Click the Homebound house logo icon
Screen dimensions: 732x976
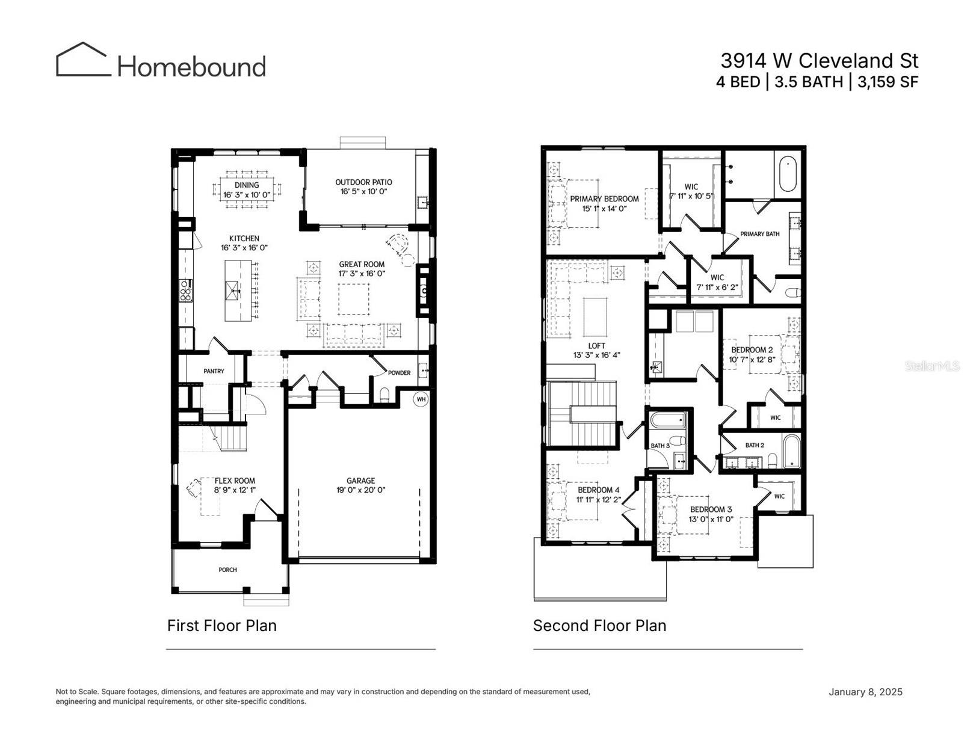83,60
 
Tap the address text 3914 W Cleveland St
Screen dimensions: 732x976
819,61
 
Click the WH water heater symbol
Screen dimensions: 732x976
421,399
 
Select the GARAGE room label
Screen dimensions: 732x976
360,481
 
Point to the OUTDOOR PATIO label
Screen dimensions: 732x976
363,182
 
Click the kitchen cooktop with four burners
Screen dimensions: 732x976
185,291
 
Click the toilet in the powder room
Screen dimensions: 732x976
385,395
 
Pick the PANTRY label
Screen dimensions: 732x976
214,371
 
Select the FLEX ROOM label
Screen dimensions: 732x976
235,481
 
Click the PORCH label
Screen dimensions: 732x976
227,570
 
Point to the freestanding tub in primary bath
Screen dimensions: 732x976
788,174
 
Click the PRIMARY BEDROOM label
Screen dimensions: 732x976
604,199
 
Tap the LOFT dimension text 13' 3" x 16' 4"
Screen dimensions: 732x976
596,355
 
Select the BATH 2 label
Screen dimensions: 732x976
754,445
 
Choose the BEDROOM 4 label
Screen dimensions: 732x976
598,490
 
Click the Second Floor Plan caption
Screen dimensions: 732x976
599,626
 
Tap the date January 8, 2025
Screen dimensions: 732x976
865,692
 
